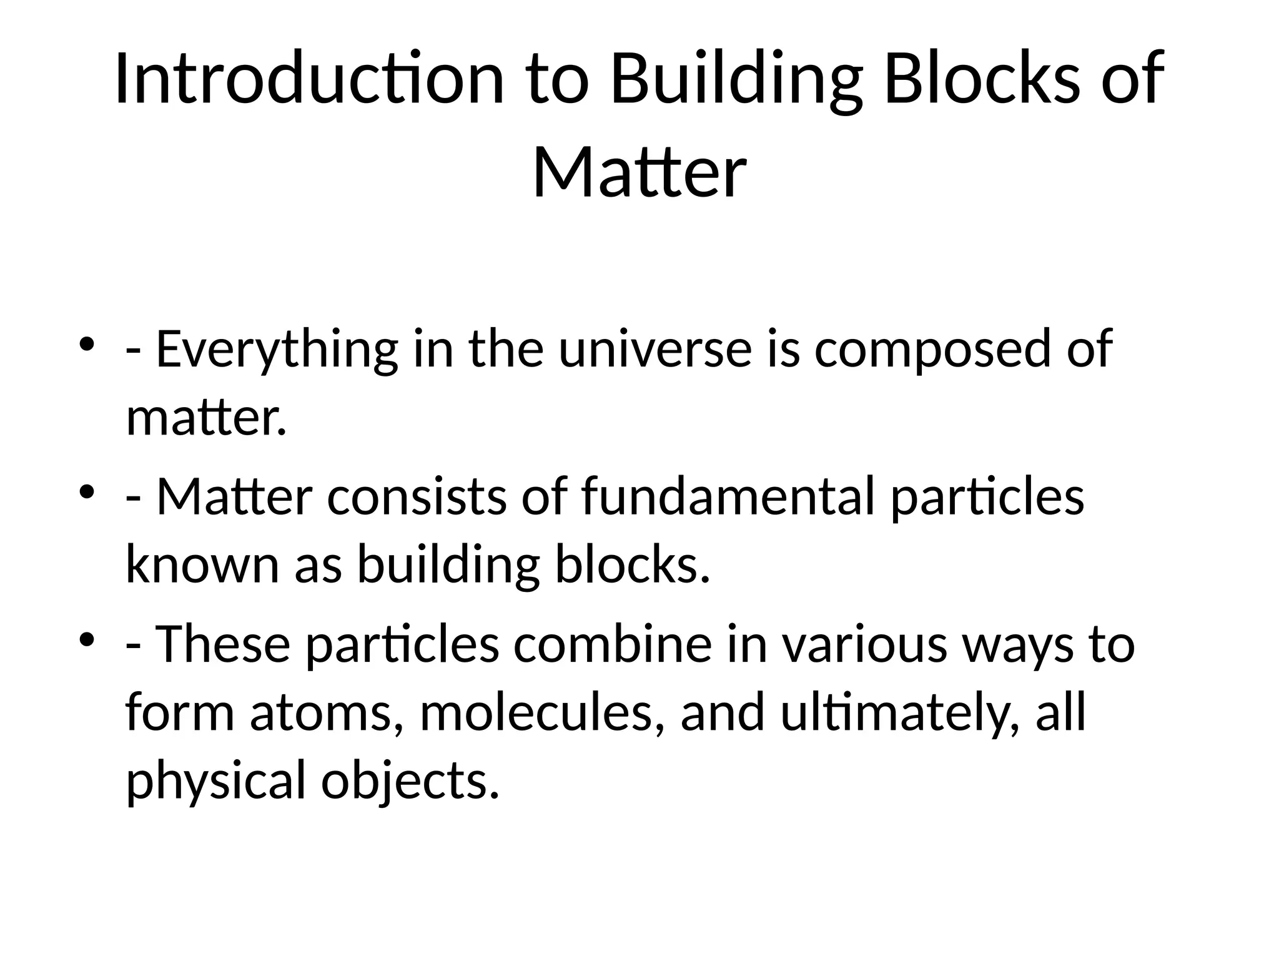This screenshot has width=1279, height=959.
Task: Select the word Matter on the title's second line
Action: coord(639,172)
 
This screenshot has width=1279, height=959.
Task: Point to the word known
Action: coord(202,564)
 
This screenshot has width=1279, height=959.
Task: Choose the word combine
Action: coord(613,644)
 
